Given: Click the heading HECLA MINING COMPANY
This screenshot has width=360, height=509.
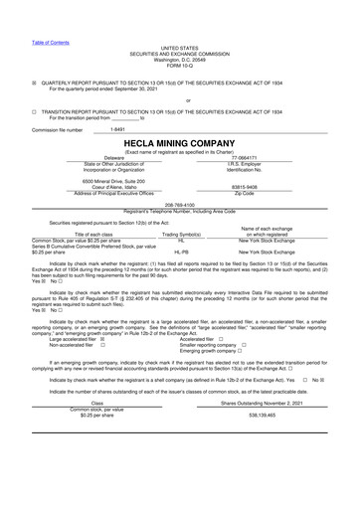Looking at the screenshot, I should coord(179,143).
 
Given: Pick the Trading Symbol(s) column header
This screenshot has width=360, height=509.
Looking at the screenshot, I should coord(181,234).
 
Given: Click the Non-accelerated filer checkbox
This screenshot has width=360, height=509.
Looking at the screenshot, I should coord(102,345).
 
